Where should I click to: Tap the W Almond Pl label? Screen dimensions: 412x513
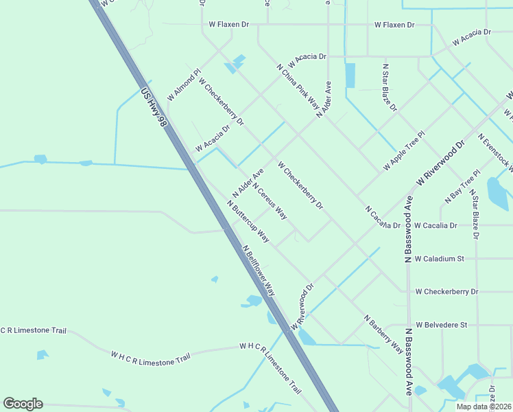pos(183,84)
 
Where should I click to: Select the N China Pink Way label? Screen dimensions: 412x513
pos(298,87)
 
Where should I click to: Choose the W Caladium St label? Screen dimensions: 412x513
pos(440,259)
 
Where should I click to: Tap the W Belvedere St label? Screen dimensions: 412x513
pos(440,324)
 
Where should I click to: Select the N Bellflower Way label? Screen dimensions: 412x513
pos(259,271)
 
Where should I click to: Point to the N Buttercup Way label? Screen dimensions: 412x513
pos(248,221)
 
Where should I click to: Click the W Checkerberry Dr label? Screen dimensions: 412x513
pos(446,291)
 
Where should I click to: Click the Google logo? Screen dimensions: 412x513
pos(23,404)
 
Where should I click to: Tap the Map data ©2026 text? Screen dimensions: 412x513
pos(484,406)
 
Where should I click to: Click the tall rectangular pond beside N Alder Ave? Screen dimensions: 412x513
pos(350,76)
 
